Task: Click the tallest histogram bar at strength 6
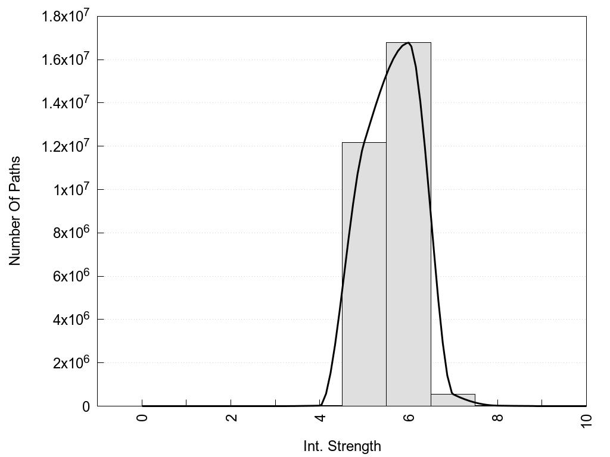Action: pyautogui.click(x=409, y=226)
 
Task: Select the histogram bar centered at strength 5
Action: pyautogui.click(x=364, y=274)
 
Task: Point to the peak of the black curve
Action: pyautogui.click(x=408, y=43)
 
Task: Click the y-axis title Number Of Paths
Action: pyautogui.click(x=15, y=211)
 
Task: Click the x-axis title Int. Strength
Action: pyautogui.click(x=342, y=446)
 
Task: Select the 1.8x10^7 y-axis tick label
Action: pyautogui.click(x=66, y=17)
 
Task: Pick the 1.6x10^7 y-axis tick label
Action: pyautogui.click(x=66, y=60)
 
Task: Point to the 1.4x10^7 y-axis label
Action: pyautogui.click(x=66, y=103)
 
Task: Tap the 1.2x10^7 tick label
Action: pyautogui.click(x=66, y=146)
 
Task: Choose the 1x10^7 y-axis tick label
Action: pyautogui.click(x=70, y=190)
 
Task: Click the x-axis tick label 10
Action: pyautogui.click(x=586, y=420)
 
